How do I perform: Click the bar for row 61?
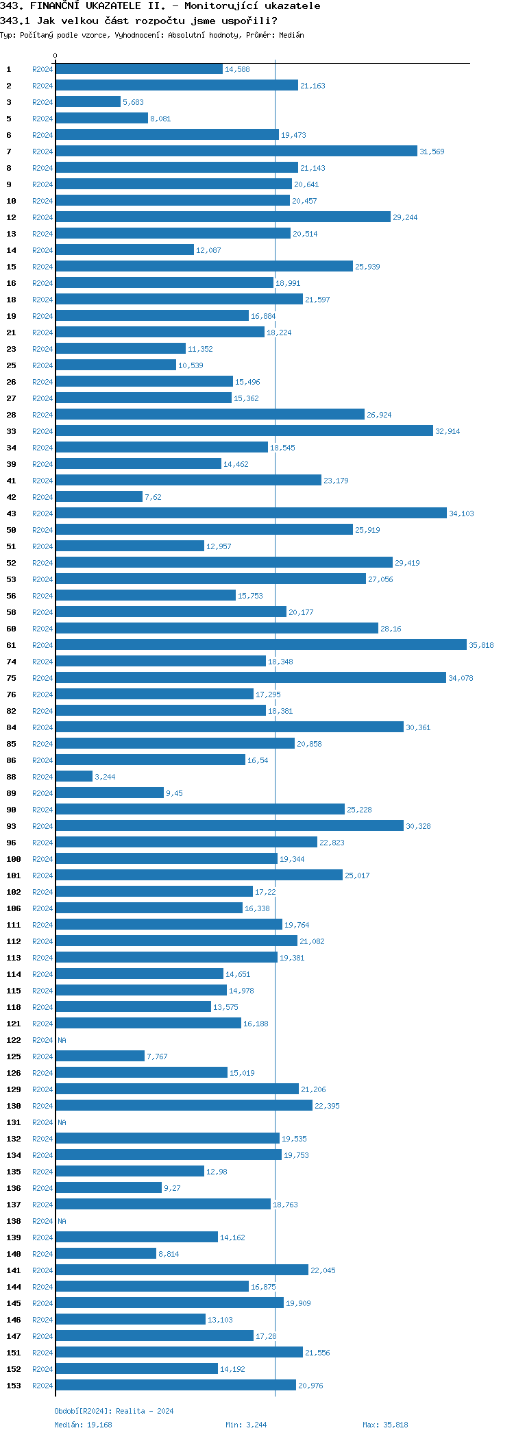coord(260,645)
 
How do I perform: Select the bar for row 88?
coord(74,777)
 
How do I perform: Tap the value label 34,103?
coord(461,514)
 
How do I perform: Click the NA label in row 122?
coord(62,1040)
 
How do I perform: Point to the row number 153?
coord(14,1386)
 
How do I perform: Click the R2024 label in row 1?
coord(42,69)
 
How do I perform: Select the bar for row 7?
coord(236,152)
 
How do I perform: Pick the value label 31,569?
coord(432,152)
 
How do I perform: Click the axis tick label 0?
coord(56,56)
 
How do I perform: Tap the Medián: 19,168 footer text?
coord(83,1425)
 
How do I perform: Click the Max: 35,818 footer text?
coord(385,1425)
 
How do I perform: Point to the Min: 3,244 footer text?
coord(246,1425)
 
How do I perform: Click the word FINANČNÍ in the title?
coord(55,5)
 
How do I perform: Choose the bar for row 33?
coord(244,431)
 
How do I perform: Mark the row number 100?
coord(14,859)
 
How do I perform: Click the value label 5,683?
coord(133,102)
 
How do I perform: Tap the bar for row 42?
coord(99,497)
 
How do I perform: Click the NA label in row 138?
coord(62,1221)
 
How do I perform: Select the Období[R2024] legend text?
coord(83,1411)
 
